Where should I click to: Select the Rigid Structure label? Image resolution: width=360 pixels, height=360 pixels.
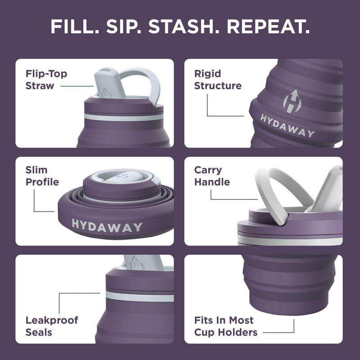coord(218,80)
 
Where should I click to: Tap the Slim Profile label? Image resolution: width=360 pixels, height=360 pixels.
coord(42,176)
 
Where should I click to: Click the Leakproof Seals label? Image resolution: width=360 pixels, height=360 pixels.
coord(51,326)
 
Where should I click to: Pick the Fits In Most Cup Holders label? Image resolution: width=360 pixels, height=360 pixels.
coord(226,326)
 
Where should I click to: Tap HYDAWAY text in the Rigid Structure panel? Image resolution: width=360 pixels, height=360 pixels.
coord(288,126)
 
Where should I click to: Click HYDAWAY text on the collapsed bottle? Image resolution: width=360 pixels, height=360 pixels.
coord(107,226)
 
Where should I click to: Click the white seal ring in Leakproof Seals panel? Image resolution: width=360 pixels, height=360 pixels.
coord(139,297)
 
